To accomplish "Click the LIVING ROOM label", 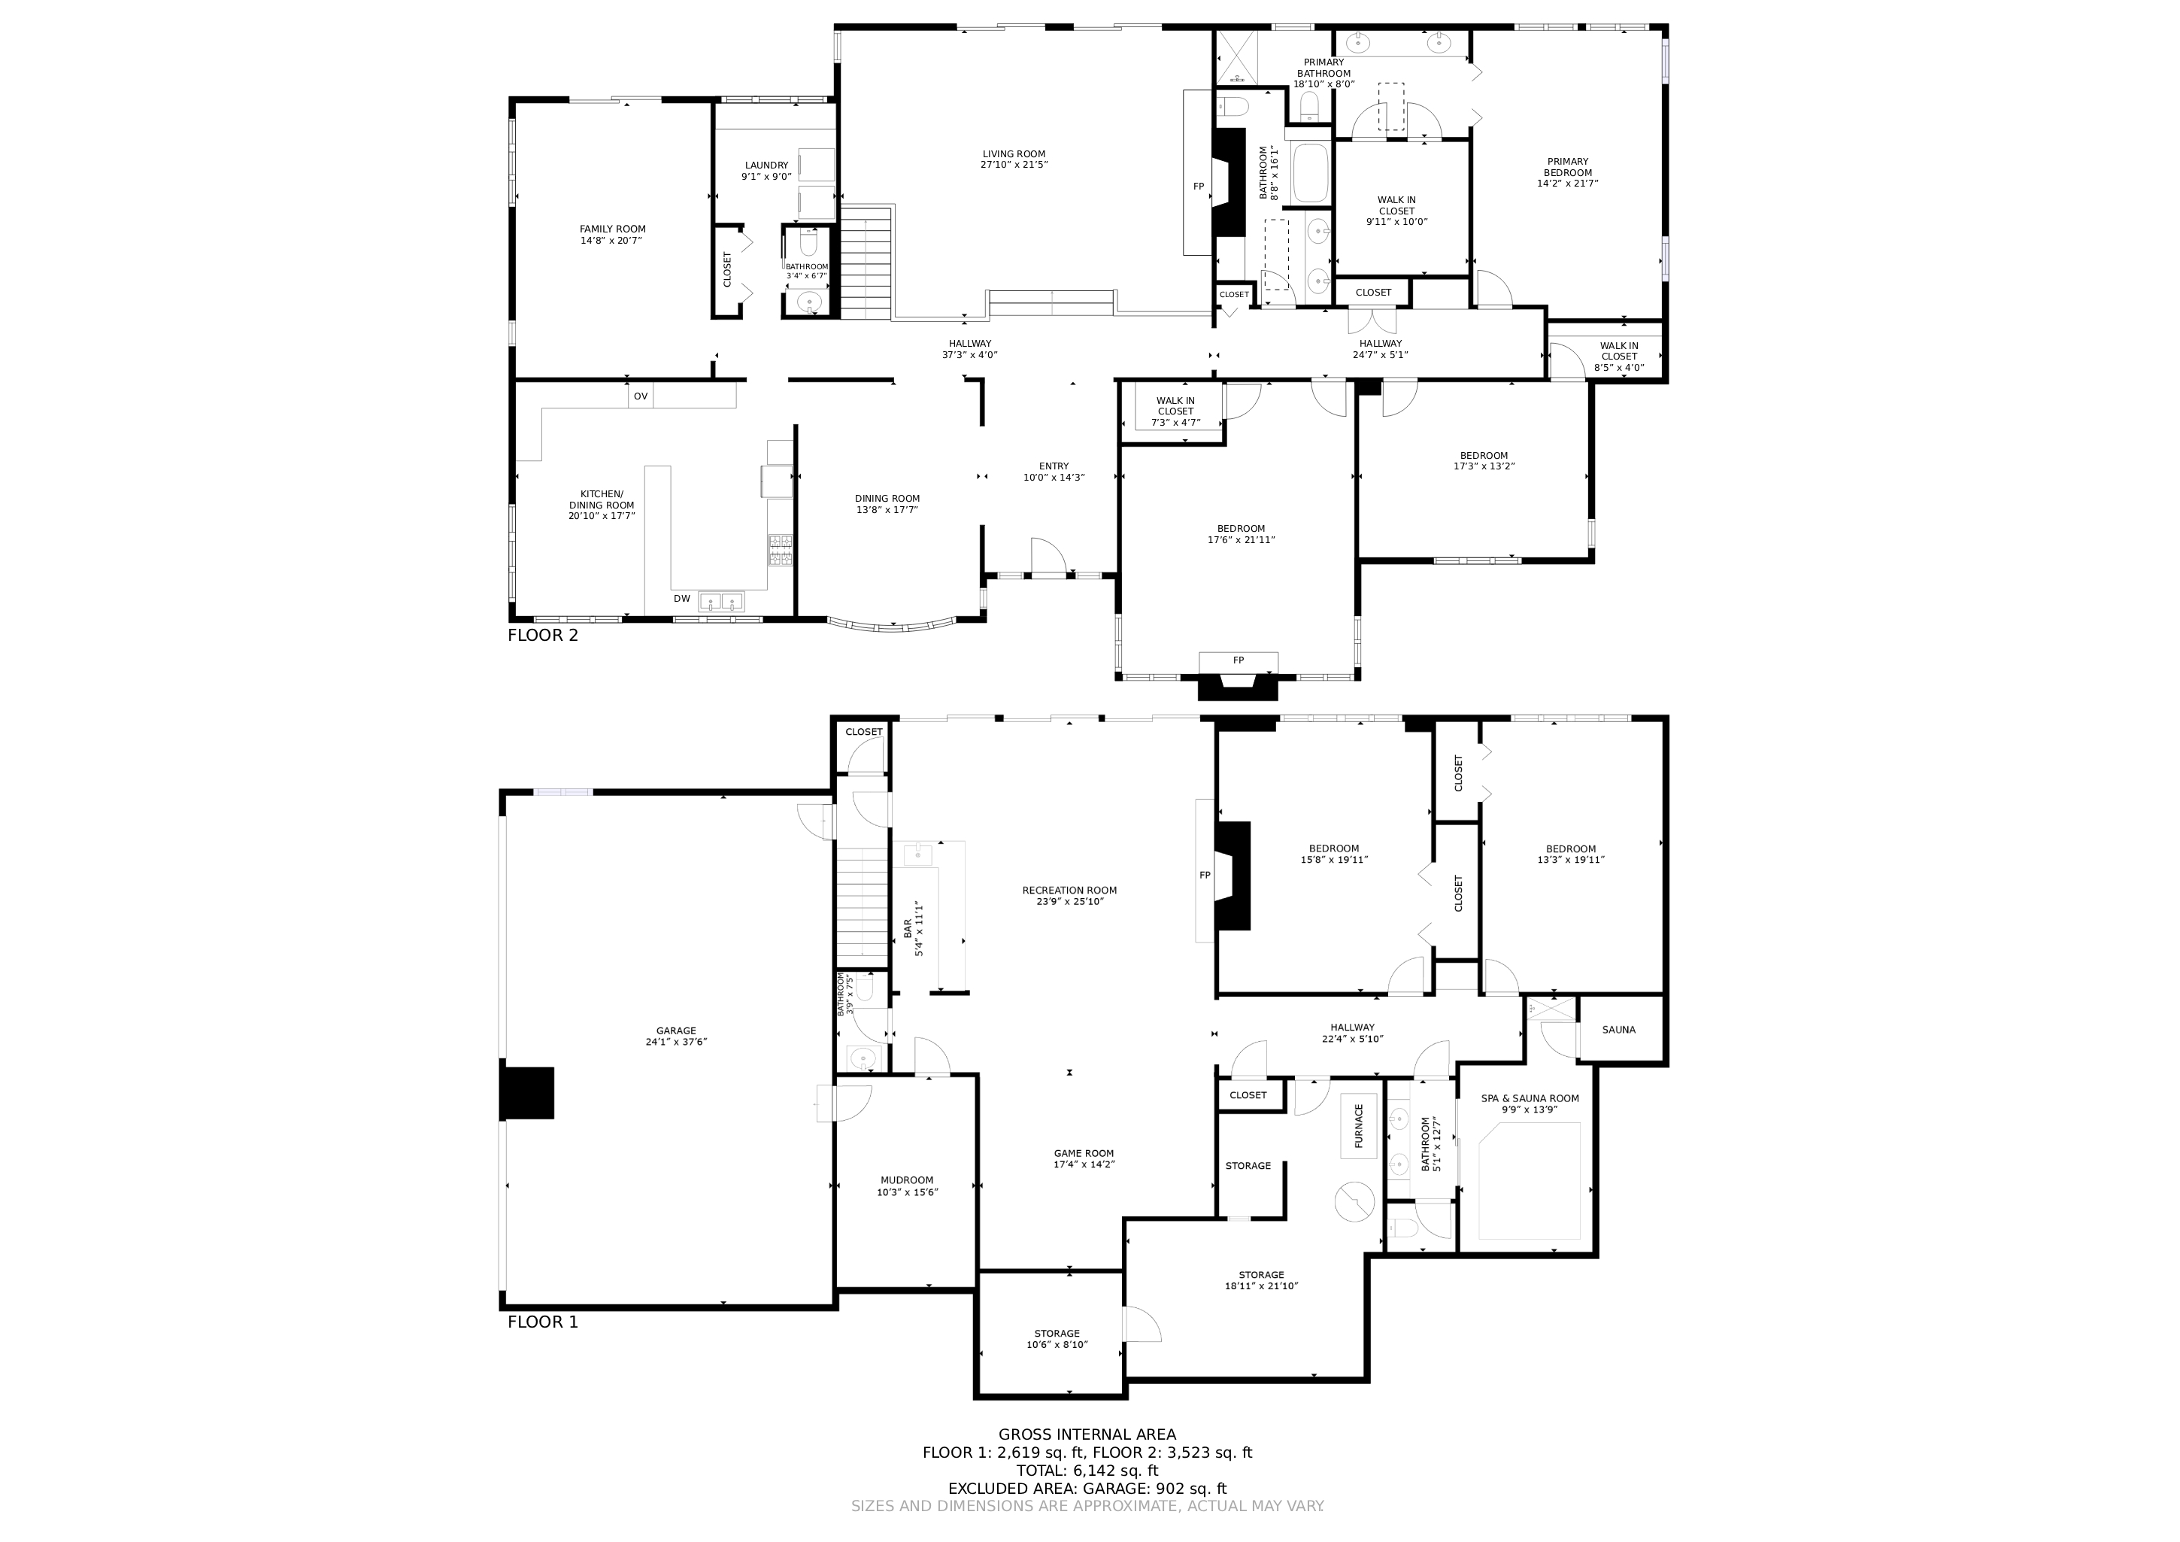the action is [x=1014, y=153].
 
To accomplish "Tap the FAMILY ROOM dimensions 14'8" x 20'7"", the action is [x=612, y=241].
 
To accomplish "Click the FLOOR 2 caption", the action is [x=542, y=635].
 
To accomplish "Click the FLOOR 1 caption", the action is [x=542, y=1322].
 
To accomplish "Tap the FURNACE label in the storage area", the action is [x=1359, y=1126].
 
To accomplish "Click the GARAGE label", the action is [x=676, y=1031].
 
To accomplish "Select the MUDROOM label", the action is [x=907, y=1181].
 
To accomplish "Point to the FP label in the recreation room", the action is [x=1205, y=876].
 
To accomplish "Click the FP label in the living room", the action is [x=1198, y=187].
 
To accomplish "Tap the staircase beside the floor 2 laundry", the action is [x=867, y=263].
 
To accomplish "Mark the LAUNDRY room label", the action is [x=766, y=165].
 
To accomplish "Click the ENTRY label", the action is [x=1054, y=466].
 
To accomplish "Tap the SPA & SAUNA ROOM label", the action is [x=1530, y=1098].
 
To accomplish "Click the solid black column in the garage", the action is [x=527, y=1093].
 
